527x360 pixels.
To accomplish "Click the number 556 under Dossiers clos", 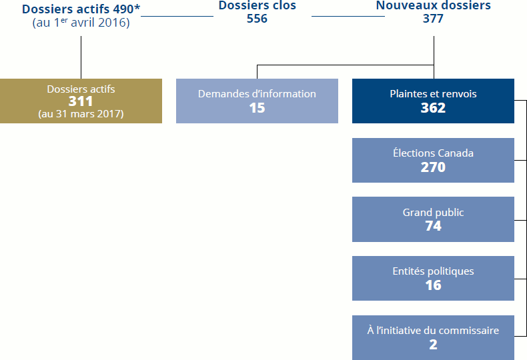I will (257, 19).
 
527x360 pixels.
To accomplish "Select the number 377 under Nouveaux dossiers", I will (433, 19).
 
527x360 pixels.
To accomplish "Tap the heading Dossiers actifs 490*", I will (81, 9).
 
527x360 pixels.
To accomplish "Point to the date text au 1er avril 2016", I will (81, 23).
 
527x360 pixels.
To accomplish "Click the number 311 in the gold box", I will (81, 101).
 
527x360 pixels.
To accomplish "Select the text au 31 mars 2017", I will (81, 113).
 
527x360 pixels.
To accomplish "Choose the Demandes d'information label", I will (257, 94).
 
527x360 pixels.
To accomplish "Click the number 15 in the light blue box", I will (257, 108).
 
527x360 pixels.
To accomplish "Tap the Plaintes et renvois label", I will (433, 94).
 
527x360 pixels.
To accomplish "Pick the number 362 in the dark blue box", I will (433, 108).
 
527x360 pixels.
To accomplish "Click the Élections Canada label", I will (433, 153).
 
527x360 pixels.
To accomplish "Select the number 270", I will (433, 167).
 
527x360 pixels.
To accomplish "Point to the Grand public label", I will (433, 213).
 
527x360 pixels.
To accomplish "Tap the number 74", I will (433, 227).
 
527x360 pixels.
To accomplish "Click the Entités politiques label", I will (433, 271).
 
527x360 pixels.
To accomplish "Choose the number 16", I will (433, 285).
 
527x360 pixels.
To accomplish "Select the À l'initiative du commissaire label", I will (433, 331).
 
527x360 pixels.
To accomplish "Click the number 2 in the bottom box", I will (433, 345).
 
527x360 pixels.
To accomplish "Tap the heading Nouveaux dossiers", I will (433, 6).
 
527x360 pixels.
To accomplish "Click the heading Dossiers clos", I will (257, 6).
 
